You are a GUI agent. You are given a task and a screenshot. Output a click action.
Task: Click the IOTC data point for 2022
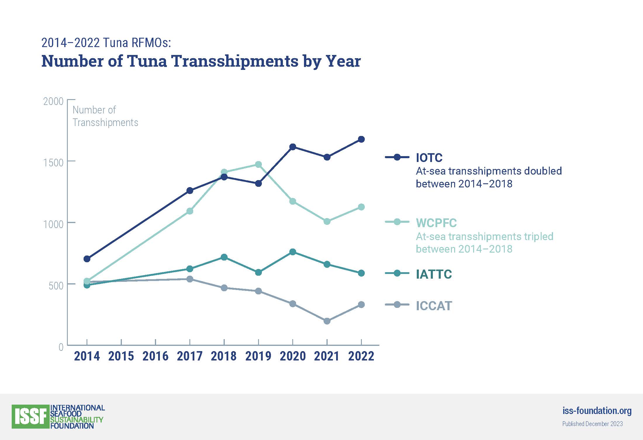[x=361, y=139]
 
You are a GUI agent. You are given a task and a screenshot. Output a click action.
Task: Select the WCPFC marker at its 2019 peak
[x=258, y=165]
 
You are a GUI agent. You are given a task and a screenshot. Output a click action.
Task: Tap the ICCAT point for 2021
[x=327, y=321]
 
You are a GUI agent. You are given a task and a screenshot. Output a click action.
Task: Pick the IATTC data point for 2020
[x=293, y=252]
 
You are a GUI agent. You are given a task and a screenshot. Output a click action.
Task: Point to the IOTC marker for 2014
[x=87, y=259]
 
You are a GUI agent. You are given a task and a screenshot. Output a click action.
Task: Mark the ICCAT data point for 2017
[x=190, y=279]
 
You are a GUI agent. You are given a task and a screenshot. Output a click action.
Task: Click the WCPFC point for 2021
[x=327, y=221]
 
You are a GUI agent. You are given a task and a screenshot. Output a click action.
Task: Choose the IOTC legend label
[x=429, y=158]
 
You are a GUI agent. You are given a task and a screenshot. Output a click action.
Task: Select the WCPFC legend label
[x=436, y=223]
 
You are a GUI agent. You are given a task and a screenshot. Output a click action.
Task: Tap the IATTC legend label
[x=434, y=274]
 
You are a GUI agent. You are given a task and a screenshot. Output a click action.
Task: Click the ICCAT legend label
[x=434, y=306]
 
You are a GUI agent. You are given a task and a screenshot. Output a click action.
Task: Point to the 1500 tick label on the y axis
[x=53, y=163]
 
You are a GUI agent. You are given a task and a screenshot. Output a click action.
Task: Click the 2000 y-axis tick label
[x=53, y=101]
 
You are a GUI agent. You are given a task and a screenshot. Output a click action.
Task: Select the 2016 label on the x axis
[x=155, y=356]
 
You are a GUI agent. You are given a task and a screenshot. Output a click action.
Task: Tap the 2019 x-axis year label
[x=258, y=356]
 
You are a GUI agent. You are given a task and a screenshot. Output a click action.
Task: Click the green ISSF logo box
[x=30, y=417]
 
